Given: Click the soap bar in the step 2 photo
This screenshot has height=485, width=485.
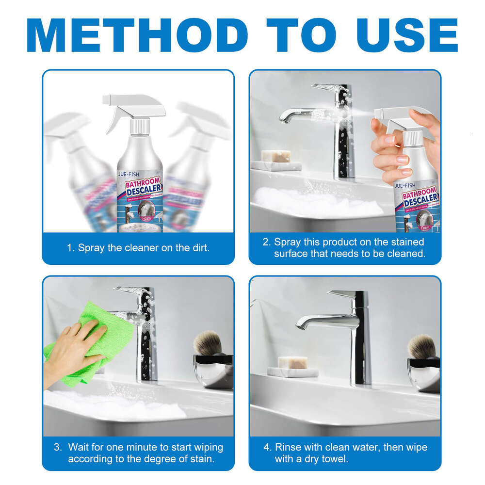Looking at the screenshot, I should [276, 156].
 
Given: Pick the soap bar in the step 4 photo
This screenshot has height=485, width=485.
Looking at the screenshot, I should [292, 362].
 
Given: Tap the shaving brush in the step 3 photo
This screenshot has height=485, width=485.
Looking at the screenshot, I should [209, 343].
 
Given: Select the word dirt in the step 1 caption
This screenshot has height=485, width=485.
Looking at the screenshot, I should [200, 248].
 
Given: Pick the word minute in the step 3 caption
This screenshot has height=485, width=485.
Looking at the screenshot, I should [146, 447].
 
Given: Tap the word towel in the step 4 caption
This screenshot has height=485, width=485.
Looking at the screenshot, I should [335, 459].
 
